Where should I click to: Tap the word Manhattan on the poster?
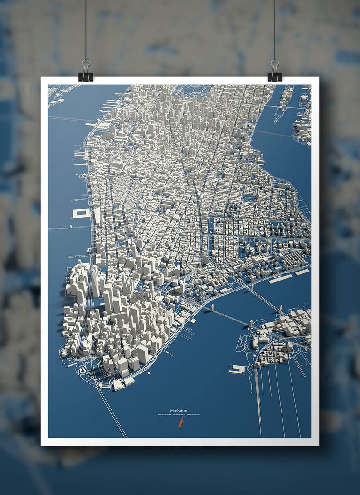180,410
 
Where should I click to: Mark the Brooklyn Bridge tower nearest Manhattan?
212,308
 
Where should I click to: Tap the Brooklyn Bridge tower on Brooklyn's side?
250,324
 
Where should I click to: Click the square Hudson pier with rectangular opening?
81,213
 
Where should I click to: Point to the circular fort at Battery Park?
83,370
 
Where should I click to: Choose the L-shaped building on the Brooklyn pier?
237,369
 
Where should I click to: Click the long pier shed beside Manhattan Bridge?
280,279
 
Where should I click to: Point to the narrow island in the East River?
285,102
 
